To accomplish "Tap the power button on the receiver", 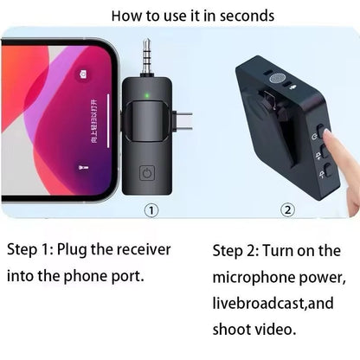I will [148, 173].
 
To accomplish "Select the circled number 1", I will [150, 209].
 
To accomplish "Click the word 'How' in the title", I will [129, 16].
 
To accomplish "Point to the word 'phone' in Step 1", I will [95, 277].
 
